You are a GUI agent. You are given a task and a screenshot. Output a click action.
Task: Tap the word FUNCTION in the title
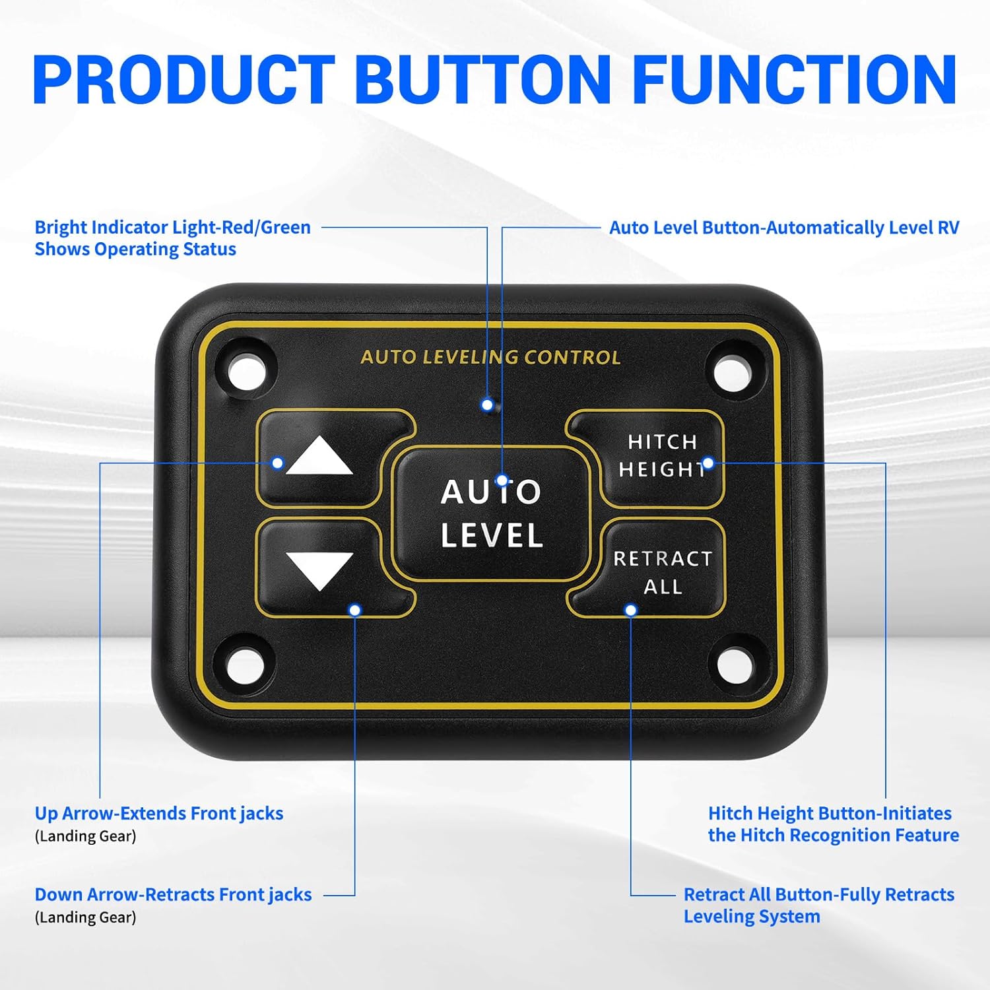pos(795,80)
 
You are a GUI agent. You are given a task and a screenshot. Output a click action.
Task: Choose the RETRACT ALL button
pos(662,572)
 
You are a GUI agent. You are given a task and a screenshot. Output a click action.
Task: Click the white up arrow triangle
pos(319,457)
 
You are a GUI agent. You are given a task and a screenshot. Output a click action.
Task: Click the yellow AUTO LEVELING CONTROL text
pos(490,358)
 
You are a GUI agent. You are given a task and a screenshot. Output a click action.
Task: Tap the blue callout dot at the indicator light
pos(487,405)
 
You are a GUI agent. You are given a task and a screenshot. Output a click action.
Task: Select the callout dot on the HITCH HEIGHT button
pos(708,463)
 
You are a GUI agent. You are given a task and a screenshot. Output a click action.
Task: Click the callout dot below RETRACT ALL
pos(630,610)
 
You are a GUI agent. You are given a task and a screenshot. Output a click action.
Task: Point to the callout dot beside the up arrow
pos(278,463)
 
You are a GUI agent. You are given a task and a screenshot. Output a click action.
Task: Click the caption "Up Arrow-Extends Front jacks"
pos(159,813)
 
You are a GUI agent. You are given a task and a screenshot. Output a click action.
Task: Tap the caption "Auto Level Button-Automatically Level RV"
pos(783,228)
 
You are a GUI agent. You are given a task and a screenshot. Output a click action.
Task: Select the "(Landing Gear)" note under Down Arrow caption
pos(85,917)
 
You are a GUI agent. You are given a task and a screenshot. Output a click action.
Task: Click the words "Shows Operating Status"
pos(135,249)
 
